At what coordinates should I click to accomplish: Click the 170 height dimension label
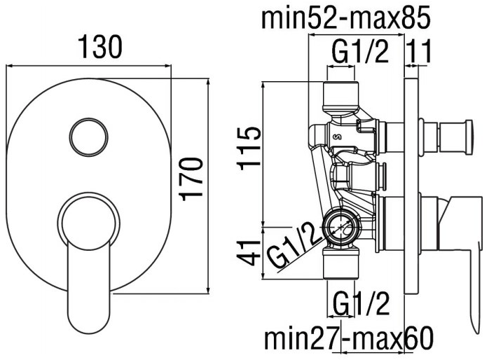191,179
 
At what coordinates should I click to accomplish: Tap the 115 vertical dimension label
249,148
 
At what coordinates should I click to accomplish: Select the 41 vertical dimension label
249,252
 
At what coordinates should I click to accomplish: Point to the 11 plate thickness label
419,50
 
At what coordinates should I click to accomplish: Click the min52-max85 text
346,18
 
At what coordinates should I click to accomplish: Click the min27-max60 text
349,338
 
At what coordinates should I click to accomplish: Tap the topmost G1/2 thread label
360,52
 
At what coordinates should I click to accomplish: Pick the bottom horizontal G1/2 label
361,303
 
